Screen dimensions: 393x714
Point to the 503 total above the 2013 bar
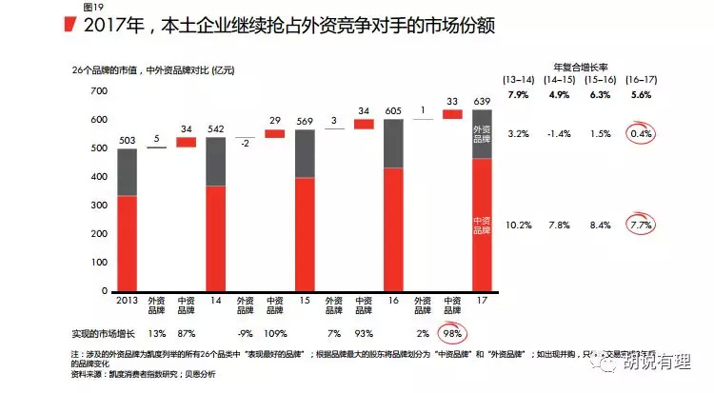[x=128, y=141]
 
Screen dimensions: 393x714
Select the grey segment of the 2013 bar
[x=128, y=172]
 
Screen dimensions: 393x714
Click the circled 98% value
[x=452, y=333]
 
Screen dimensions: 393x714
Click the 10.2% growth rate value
[x=518, y=226]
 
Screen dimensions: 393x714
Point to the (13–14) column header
[x=518, y=79]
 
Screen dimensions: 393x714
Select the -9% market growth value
[x=246, y=333]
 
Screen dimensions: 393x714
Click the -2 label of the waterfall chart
[x=246, y=143]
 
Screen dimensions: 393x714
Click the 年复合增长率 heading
[x=580, y=66]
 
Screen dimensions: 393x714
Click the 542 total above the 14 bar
[x=215, y=129]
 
